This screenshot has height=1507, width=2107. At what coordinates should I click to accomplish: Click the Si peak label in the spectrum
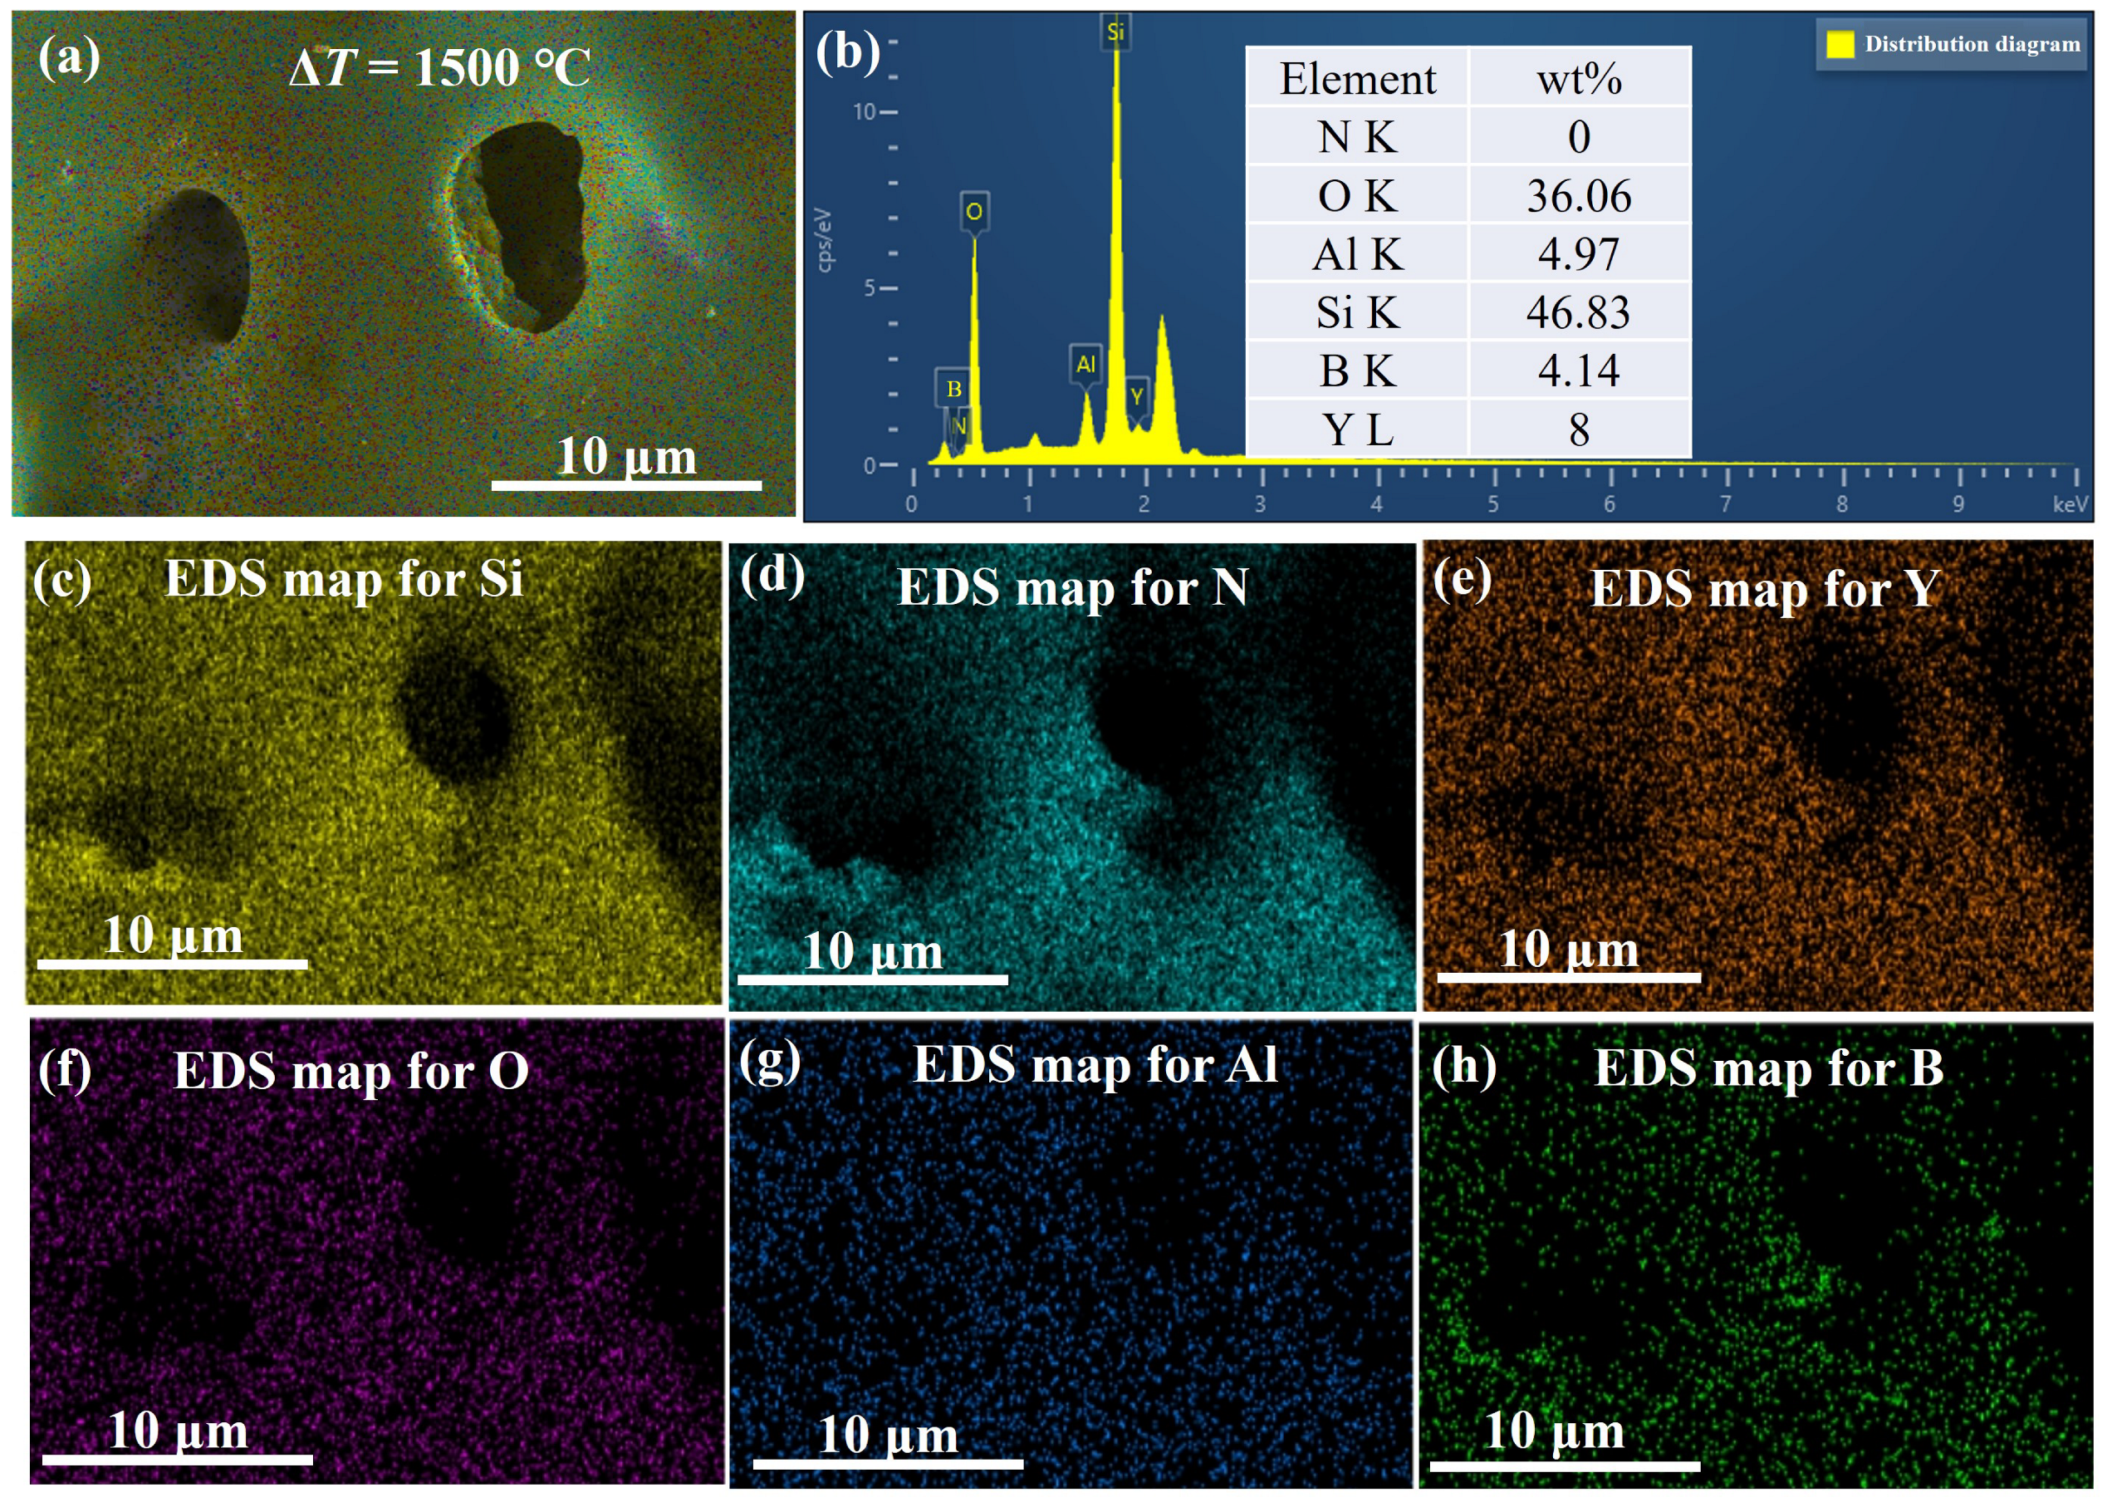(1115, 32)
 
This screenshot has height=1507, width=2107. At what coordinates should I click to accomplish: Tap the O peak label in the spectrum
(973, 212)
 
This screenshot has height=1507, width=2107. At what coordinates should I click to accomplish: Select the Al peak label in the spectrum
(1085, 365)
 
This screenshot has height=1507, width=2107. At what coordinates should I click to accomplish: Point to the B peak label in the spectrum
(953, 389)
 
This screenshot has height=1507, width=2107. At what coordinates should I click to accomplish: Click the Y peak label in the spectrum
(1136, 397)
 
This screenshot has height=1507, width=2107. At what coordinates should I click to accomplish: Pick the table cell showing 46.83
(1578, 312)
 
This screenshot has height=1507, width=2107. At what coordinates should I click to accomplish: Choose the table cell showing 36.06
(1578, 196)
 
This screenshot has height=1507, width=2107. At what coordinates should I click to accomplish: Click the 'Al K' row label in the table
(1357, 254)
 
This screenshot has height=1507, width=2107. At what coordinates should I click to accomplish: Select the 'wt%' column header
(1578, 79)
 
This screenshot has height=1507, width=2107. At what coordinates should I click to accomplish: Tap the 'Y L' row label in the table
(1357, 430)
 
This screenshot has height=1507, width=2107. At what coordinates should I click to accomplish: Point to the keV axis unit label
(2070, 504)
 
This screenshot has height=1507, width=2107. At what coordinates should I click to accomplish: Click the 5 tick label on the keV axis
(1492, 504)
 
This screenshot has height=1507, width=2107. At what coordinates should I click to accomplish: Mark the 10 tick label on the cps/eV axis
(864, 112)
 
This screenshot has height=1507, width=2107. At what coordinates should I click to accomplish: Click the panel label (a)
(69, 57)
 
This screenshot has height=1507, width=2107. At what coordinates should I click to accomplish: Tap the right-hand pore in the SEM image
(531, 228)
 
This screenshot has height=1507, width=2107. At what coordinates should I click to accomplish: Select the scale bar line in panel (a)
(626, 484)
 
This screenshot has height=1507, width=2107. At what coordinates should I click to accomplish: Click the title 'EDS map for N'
(1072, 587)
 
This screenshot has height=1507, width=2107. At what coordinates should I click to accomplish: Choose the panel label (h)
(1463, 1066)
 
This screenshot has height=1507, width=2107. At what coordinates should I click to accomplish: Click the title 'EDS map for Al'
(1095, 1064)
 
